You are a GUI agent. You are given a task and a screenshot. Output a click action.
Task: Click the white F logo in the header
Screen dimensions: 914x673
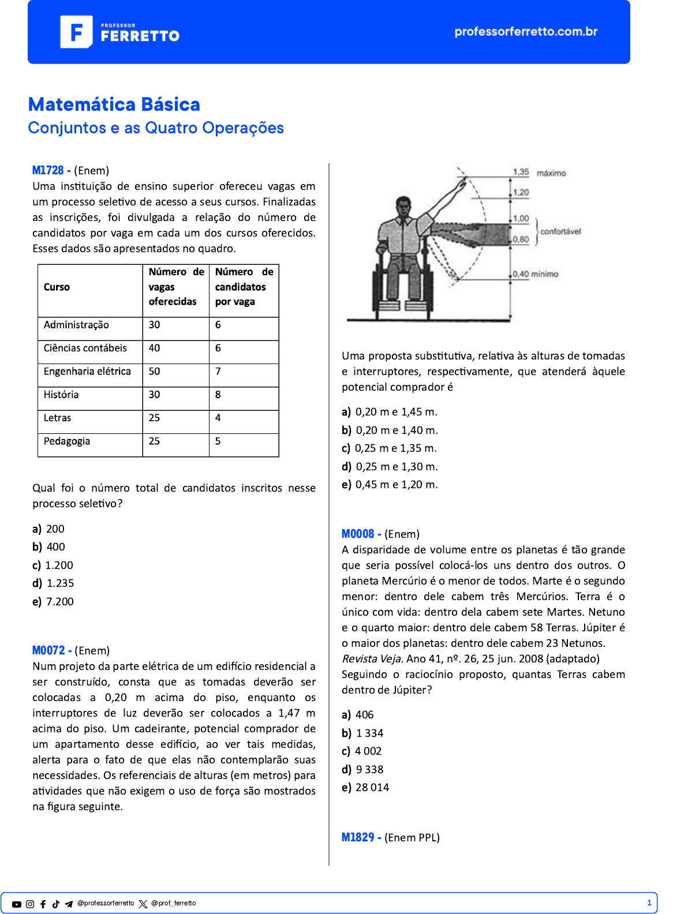point(76,32)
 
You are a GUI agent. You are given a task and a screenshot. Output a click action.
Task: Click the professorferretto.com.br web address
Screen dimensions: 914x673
point(526,32)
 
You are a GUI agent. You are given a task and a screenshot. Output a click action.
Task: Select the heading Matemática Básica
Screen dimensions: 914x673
point(114,104)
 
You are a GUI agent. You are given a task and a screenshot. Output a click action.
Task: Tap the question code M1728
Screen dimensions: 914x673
point(48,170)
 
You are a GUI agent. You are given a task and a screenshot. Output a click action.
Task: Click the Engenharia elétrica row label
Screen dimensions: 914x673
point(87,372)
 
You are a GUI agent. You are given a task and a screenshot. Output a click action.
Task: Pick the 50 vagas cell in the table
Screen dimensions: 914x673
point(155,372)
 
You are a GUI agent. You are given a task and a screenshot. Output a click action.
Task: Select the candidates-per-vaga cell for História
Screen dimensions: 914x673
point(218,395)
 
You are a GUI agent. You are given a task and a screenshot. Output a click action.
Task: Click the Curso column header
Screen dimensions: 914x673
point(57,287)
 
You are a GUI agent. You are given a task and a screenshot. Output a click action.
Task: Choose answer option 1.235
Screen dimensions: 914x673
point(60,583)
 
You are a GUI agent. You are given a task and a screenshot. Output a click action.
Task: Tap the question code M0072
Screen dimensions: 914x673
point(48,650)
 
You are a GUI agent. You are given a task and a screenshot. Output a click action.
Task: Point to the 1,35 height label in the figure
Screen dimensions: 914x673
point(521,172)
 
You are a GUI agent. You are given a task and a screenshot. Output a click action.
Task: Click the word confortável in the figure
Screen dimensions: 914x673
point(560,231)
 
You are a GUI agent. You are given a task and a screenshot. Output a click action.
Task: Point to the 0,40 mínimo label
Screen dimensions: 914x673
point(536,274)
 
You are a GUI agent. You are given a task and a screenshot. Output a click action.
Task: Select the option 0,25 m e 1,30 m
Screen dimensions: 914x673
point(397,466)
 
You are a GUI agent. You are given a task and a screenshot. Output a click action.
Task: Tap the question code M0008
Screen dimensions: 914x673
point(358,534)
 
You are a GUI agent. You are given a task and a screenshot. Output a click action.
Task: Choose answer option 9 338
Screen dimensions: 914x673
point(369,769)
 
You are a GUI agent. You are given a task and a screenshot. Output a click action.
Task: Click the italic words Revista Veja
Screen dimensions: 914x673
point(372,659)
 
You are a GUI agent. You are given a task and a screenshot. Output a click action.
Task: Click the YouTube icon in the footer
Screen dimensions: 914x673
point(17,904)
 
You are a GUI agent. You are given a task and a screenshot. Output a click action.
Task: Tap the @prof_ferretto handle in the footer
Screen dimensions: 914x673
point(173,904)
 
